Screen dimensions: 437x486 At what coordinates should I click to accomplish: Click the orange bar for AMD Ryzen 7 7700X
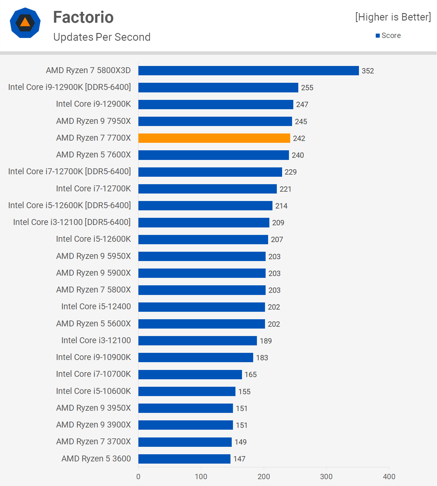[x=214, y=138]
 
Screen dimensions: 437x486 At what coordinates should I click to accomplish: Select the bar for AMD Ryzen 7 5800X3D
[x=249, y=71]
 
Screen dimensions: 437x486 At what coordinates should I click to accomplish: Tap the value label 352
[x=368, y=71]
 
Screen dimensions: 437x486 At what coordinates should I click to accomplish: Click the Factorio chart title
[x=83, y=17]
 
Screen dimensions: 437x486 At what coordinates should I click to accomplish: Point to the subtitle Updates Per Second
[x=102, y=37]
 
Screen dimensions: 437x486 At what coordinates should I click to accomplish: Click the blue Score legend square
[x=378, y=36]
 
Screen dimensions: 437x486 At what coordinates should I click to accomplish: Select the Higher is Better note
[x=393, y=17]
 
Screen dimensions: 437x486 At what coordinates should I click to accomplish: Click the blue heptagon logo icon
[x=25, y=23]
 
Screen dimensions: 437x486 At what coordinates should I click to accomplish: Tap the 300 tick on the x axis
[x=326, y=476]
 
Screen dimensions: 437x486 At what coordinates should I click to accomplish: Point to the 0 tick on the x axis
[x=138, y=476]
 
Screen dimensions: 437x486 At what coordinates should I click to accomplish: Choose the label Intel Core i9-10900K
[x=93, y=357]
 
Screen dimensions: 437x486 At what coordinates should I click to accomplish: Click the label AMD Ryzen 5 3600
[x=96, y=459]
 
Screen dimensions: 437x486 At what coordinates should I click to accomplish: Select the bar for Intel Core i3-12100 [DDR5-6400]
[x=204, y=222]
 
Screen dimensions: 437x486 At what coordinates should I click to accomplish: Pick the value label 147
[x=239, y=459]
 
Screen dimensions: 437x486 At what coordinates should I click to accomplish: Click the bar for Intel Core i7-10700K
[x=190, y=374]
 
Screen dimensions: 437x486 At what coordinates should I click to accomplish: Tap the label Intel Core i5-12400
[x=96, y=306]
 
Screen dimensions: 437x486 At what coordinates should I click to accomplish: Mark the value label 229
[x=291, y=172]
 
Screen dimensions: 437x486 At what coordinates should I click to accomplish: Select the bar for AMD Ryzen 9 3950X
[x=186, y=408]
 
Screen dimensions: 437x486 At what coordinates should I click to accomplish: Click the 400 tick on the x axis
[x=389, y=476]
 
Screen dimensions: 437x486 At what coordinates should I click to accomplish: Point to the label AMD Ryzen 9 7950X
[x=94, y=121]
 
